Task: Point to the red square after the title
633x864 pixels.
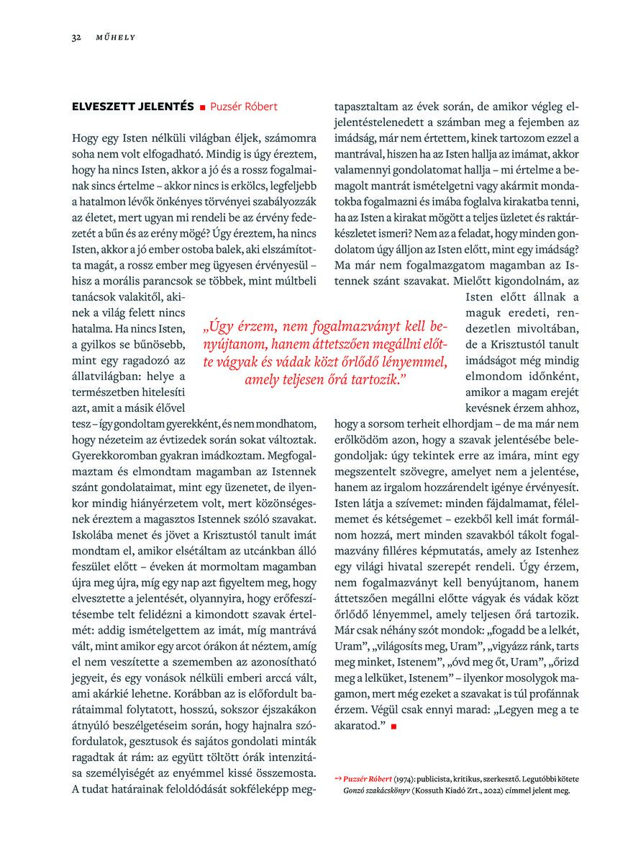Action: point(203,107)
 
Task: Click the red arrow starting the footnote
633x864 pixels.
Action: point(339,779)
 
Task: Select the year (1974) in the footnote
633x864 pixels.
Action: point(406,779)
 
